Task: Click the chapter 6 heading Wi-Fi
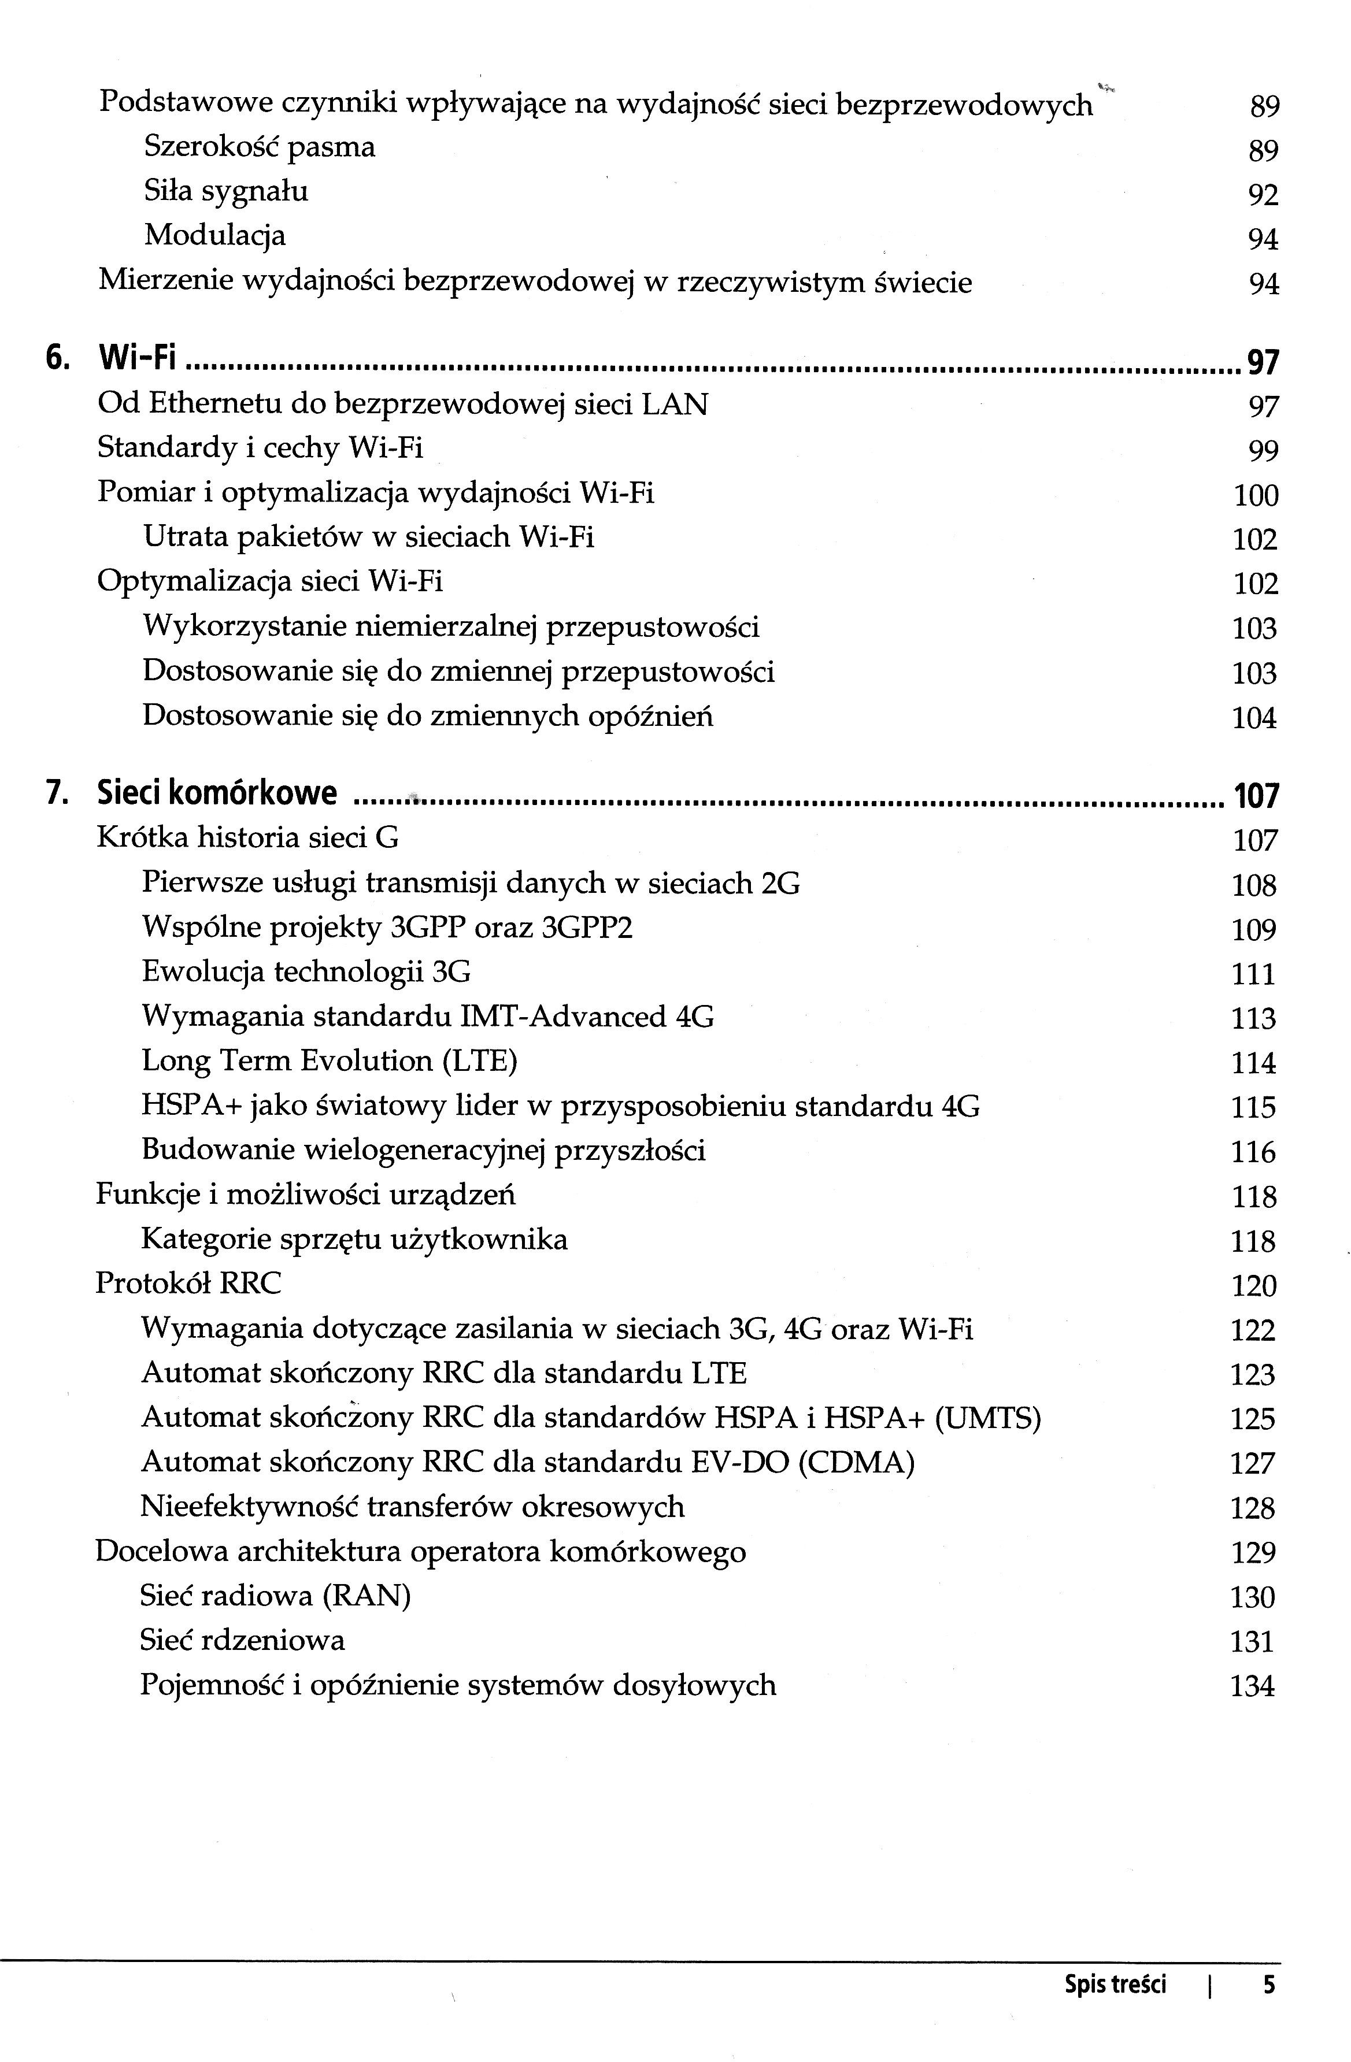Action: point(137,357)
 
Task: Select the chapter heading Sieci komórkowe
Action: point(217,793)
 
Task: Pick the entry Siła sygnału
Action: point(225,191)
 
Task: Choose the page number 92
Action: point(1263,195)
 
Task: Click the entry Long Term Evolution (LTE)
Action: point(330,1061)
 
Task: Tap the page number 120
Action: point(1254,1286)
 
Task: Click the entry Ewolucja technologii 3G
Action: point(306,972)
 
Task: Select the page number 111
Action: point(1253,975)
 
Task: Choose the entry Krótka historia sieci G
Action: point(248,838)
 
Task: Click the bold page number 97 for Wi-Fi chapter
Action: point(1263,361)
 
